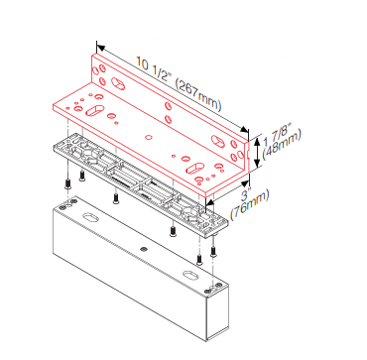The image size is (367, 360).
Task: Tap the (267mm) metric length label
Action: [198, 96]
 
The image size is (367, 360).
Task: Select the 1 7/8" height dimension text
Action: [277, 135]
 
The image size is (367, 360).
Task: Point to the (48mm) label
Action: [282, 145]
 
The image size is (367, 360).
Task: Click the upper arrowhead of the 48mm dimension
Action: [258, 143]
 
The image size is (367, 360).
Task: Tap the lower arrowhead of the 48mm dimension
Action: [258, 163]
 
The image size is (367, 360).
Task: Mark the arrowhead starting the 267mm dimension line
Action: [100, 49]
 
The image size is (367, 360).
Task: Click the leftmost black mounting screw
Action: [67, 183]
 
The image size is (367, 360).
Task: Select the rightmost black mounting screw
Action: [213, 253]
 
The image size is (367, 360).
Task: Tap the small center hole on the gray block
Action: [143, 249]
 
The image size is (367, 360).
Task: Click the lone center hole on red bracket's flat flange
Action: [149, 137]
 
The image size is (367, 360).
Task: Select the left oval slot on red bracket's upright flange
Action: [118, 83]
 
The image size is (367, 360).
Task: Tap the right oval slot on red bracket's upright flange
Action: [218, 141]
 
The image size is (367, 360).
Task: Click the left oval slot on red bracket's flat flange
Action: [94, 110]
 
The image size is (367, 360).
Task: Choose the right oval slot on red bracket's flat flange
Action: [194, 168]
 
